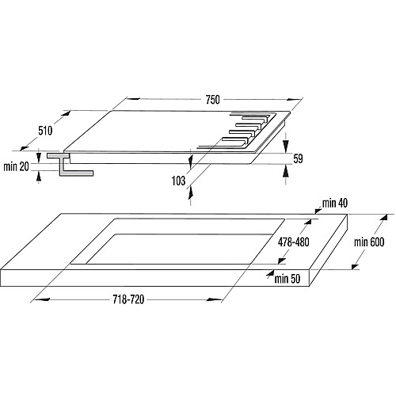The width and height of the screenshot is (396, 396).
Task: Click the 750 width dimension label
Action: pyautogui.click(x=212, y=100)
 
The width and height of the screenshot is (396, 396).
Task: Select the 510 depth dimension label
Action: pyautogui.click(x=45, y=131)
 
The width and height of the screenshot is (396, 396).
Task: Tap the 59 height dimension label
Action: pyautogui.click(x=298, y=158)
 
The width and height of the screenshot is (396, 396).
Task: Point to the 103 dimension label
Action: pyautogui.click(x=178, y=181)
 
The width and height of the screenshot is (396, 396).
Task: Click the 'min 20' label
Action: pyautogui.click(x=16, y=167)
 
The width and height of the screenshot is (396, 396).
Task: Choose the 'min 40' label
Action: pyautogui.click(x=335, y=204)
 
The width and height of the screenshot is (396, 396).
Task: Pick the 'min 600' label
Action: pyautogui.click(x=369, y=242)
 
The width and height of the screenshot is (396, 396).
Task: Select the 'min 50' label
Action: pyautogui.click(x=287, y=279)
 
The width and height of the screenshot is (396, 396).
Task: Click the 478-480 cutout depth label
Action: pyautogui.click(x=293, y=242)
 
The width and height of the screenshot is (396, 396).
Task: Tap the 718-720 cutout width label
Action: pyautogui.click(x=128, y=299)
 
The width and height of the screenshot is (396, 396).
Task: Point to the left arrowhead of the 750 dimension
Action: pyautogui.click(x=133, y=99)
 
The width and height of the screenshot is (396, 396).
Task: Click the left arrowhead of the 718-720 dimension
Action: pyautogui.click(x=42, y=299)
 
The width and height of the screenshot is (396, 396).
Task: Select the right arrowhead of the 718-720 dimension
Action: pyautogui.click(x=214, y=299)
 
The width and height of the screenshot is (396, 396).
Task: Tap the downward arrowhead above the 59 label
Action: pyautogui.click(x=286, y=145)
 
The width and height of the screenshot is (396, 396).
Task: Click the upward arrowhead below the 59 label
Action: pyautogui.click(x=286, y=172)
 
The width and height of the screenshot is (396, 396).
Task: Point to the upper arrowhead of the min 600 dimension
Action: pyautogui.click(x=384, y=218)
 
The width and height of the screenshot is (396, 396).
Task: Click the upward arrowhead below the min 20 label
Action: pyautogui.click(x=39, y=177)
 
